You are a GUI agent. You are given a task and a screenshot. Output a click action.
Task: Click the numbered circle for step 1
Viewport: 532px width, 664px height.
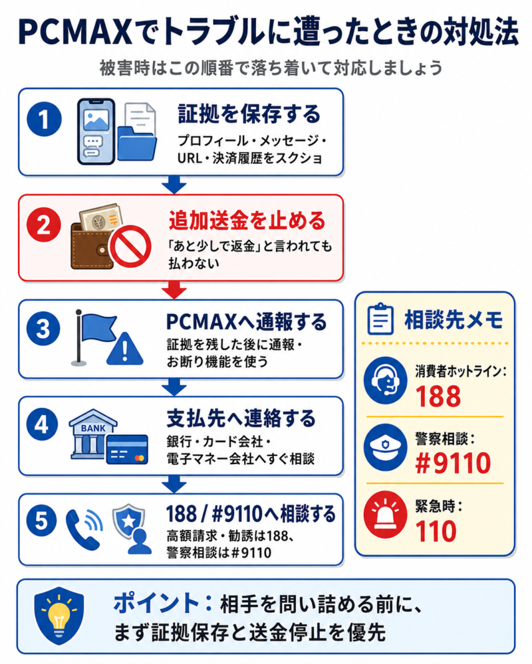coord(44,119)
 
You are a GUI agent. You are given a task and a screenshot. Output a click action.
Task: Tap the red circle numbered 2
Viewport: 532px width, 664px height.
coord(44,224)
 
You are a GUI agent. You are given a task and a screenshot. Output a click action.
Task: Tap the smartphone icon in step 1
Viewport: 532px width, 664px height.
coord(96,131)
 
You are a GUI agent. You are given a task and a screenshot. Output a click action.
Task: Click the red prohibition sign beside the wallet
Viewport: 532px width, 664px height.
coord(130,246)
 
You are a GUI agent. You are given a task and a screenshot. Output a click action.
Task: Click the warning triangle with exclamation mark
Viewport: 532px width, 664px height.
coord(125,349)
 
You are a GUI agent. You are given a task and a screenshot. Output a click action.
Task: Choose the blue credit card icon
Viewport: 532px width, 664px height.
coord(127,450)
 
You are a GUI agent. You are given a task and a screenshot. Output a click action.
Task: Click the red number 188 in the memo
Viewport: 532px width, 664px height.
coord(438,396)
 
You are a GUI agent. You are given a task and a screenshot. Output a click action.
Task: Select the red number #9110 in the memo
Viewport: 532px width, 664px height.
coord(453,463)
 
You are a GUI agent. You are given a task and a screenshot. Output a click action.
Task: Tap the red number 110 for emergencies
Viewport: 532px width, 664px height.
coord(436,531)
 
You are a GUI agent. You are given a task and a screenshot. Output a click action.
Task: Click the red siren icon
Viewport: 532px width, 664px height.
coord(385,515)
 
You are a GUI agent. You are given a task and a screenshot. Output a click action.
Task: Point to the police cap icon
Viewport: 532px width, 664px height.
coord(385,447)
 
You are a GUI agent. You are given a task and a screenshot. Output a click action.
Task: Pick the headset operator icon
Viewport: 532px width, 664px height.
coord(385,380)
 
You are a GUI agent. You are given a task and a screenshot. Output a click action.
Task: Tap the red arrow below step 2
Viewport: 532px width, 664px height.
coord(174,291)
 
